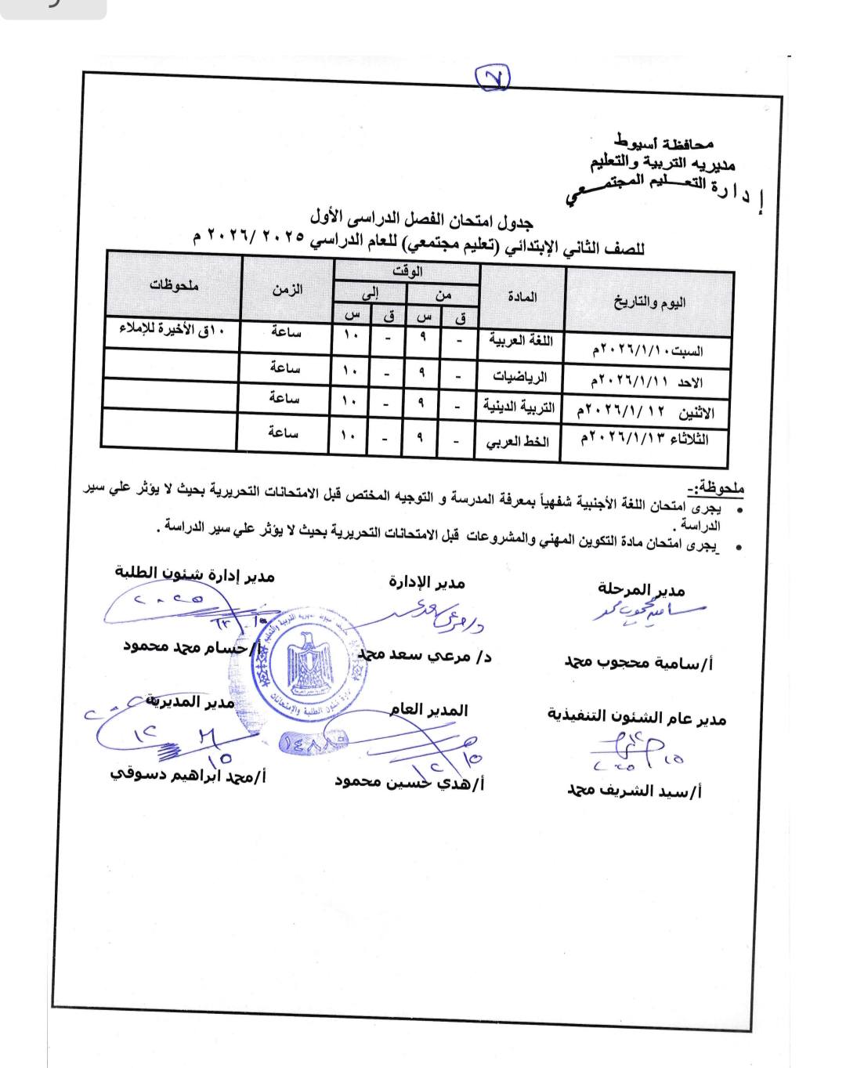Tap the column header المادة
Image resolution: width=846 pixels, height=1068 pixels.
(x=522, y=297)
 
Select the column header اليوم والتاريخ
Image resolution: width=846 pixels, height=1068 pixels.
(x=649, y=302)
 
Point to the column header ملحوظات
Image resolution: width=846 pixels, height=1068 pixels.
(x=174, y=287)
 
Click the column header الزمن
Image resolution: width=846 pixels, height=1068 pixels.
(x=287, y=289)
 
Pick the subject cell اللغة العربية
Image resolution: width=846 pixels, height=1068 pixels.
(x=521, y=340)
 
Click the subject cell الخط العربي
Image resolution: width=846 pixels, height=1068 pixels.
(x=518, y=441)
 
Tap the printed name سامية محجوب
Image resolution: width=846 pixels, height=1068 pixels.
(x=638, y=663)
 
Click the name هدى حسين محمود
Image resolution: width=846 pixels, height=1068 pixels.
(x=409, y=783)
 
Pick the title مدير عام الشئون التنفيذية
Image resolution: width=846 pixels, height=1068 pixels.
(x=636, y=716)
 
